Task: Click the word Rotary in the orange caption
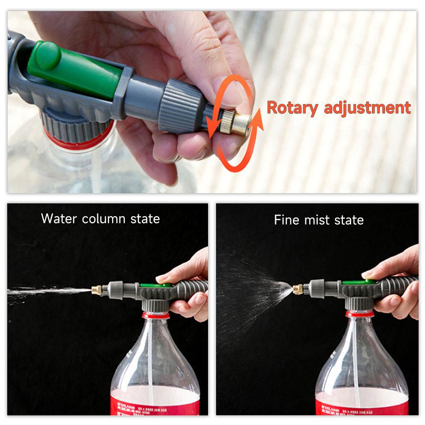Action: click(291, 108)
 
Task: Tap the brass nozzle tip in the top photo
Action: click(239, 123)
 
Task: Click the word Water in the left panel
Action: click(59, 219)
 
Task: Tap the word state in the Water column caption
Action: click(145, 219)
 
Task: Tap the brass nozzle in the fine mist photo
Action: click(298, 290)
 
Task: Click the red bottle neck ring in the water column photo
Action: click(155, 315)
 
